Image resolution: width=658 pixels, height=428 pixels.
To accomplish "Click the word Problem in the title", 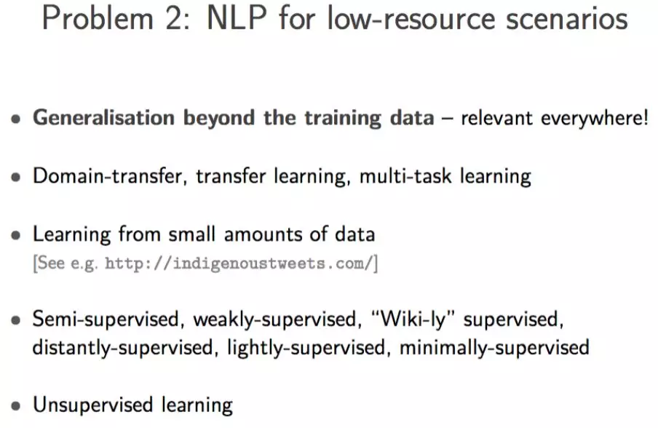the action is pyautogui.click(x=98, y=18).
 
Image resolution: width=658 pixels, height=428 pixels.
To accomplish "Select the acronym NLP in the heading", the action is pyautogui.click(x=237, y=18).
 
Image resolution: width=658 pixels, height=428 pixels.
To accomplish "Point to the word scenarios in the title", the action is pyautogui.click(x=566, y=19).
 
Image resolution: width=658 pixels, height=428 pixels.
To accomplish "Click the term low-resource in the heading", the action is pyautogui.click(x=411, y=19).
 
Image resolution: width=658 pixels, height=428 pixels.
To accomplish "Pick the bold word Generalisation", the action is pyautogui.click(x=103, y=117).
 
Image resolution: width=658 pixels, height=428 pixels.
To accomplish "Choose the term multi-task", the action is pyautogui.click(x=405, y=176).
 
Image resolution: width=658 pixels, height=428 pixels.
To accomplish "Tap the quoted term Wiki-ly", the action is pyautogui.click(x=413, y=320).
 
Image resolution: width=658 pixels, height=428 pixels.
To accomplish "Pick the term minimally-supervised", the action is pyautogui.click(x=494, y=348).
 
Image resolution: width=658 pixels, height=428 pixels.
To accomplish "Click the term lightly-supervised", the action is pyautogui.click(x=306, y=348).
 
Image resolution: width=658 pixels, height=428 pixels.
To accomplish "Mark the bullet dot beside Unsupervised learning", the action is pyautogui.click(x=16, y=405).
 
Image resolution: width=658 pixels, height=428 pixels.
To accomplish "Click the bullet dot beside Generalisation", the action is pyautogui.click(x=16, y=119).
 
